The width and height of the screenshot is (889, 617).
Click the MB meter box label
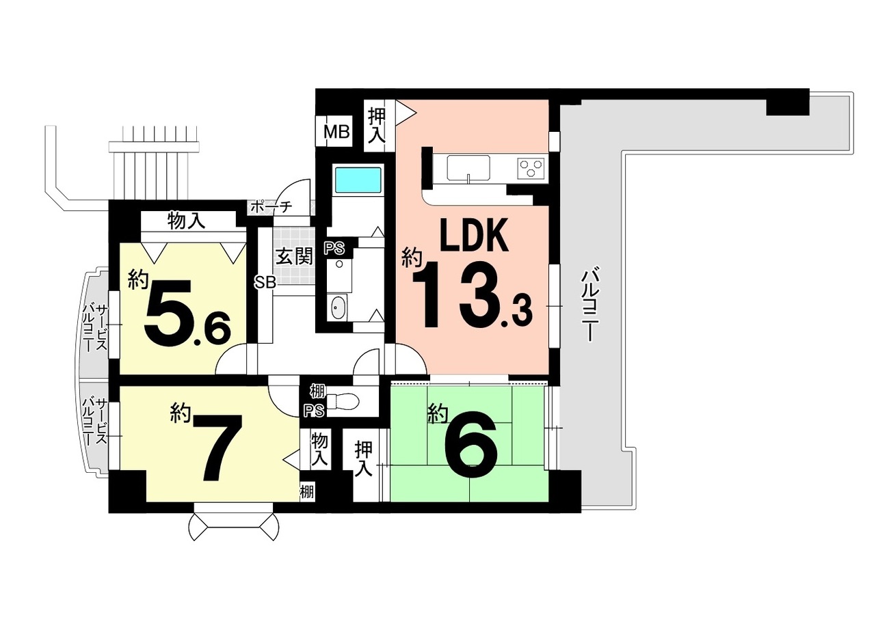click(336, 131)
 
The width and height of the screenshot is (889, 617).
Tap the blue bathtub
click(358, 180)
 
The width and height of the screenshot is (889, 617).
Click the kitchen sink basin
click(468, 167)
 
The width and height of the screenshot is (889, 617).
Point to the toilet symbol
click(344, 402)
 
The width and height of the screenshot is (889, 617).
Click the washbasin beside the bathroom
click(339, 307)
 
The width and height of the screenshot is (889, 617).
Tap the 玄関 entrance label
click(294, 256)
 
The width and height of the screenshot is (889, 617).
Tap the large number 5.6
click(187, 313)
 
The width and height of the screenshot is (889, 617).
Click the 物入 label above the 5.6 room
click(186, 221)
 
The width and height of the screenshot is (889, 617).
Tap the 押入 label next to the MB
click(375, 125)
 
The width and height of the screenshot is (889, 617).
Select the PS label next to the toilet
click(314, 411)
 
